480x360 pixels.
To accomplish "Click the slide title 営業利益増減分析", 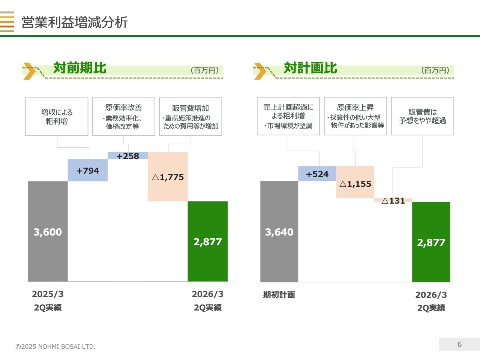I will [75, 22].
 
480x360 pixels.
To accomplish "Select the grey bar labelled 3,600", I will [48, 231].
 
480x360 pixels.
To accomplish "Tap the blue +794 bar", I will [88, 171].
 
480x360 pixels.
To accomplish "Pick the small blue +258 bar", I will [127, 156].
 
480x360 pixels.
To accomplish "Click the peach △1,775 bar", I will [168, 177].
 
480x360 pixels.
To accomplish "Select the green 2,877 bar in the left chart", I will [207, 241].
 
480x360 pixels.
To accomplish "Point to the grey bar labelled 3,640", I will [279, 231].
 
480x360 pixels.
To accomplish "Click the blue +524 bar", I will [317, 174].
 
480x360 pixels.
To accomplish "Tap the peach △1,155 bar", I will [355, 183].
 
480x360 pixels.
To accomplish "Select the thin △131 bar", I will [393, 200].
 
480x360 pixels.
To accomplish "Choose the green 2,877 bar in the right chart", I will [431, 242].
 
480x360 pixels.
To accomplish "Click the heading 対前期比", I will [80, 68].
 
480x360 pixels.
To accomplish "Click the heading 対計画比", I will [310, 68].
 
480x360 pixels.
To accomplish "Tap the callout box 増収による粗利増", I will [57, 117].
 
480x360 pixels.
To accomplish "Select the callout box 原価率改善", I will [123, 117].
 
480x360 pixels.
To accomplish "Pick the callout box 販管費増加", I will [190, 117].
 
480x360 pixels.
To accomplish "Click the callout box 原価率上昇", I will [355, 116].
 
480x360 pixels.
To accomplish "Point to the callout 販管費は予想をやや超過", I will [422, 116].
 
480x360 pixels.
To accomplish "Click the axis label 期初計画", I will [279, 295].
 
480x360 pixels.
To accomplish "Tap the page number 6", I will [459, 344].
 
